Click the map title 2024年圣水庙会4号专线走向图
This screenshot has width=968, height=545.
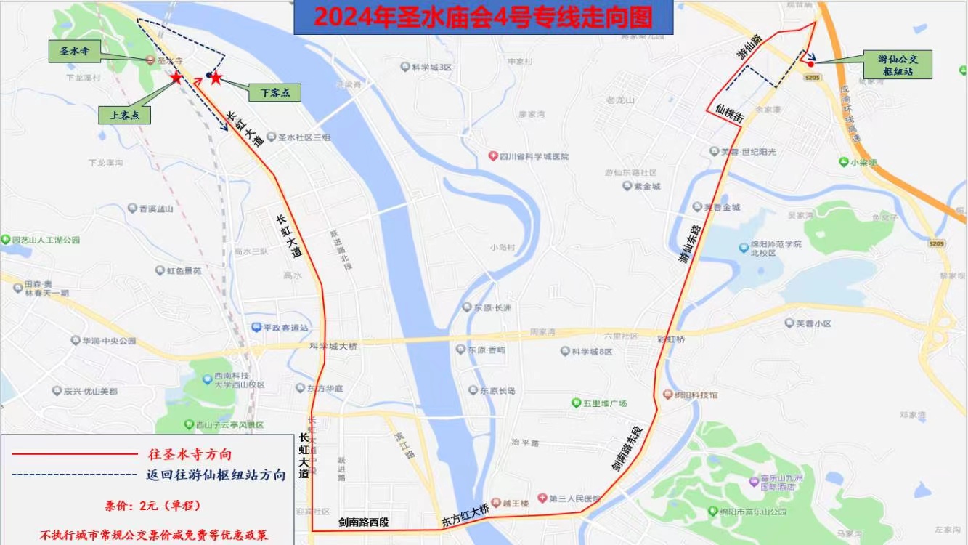(484, 17)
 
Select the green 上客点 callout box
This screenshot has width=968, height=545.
(124, 115)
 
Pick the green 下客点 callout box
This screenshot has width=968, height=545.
(274, 92)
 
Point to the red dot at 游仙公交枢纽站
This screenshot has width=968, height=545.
(810, 64)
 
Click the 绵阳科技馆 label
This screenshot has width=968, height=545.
(695, 395)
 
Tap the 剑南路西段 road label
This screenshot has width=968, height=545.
(364, 522)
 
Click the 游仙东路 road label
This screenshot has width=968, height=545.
(691, 249)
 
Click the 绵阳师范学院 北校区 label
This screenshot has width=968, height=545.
(775, 248)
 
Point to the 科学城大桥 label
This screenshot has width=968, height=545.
(333, 347)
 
